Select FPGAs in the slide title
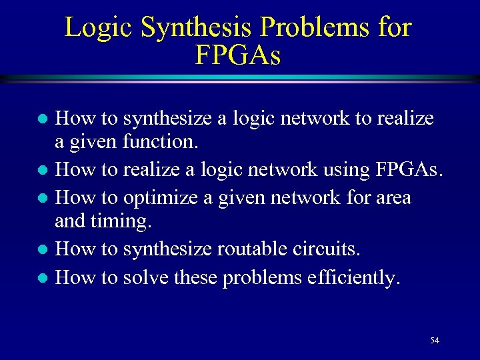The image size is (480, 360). click(x=238, y=55)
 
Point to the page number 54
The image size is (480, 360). click(x=435, y=341)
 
